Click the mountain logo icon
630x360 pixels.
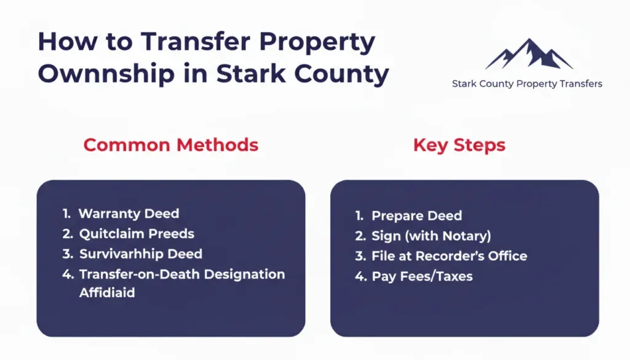click(528, 55)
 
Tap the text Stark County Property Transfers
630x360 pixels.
click(527, 84)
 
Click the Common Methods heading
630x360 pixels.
click(170, 145)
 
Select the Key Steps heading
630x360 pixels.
click(459, 145)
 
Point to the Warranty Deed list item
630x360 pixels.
click(129, 214)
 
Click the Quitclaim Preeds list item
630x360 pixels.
click(137, 234)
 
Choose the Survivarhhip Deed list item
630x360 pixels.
click(140, 254)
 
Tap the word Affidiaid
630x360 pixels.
click(107, 293)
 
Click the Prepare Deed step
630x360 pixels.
click(417, 216)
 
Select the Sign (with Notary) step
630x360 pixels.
click(431, 236)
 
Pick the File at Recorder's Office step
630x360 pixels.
click(449, 256)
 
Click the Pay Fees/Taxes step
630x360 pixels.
click(422, 276)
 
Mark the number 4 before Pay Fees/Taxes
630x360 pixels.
click(360, 276)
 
